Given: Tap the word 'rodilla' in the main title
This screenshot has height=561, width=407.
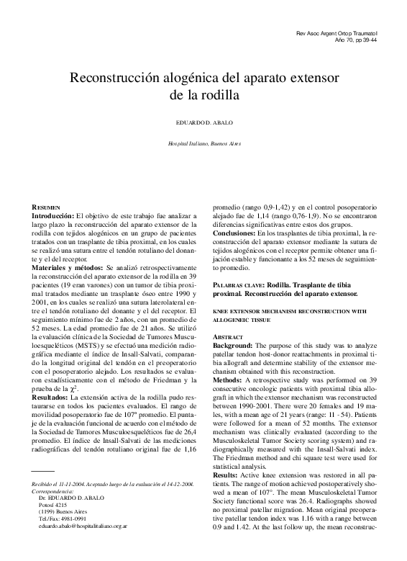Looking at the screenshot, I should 215,94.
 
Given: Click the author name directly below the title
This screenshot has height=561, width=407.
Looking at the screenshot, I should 205,122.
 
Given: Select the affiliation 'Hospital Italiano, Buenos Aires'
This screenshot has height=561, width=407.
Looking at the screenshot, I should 204,143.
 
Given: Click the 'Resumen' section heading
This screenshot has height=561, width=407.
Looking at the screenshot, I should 50,207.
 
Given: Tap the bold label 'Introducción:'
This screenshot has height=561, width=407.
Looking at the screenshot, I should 52,216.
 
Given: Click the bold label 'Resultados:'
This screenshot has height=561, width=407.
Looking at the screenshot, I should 50,397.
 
